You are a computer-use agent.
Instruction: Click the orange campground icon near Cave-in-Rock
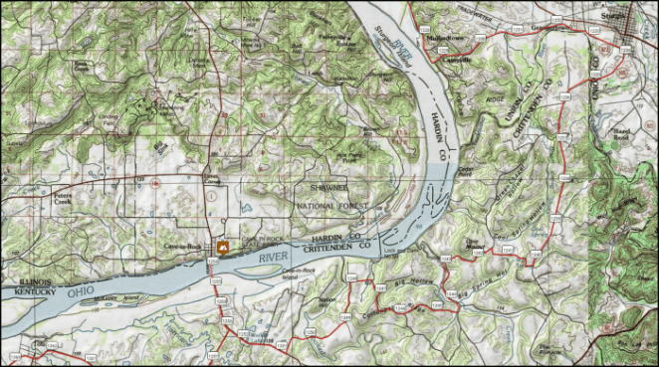[x=221, y=246]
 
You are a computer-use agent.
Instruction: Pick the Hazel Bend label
[x=624, y=132]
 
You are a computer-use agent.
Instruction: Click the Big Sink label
[x=160, y=145]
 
